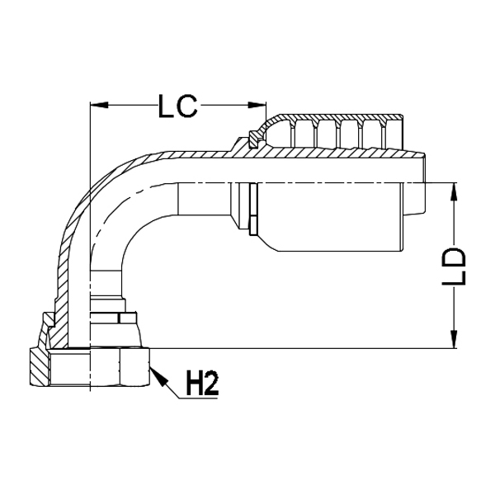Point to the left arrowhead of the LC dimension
point(96,105)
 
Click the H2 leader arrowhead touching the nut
point(157,373)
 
